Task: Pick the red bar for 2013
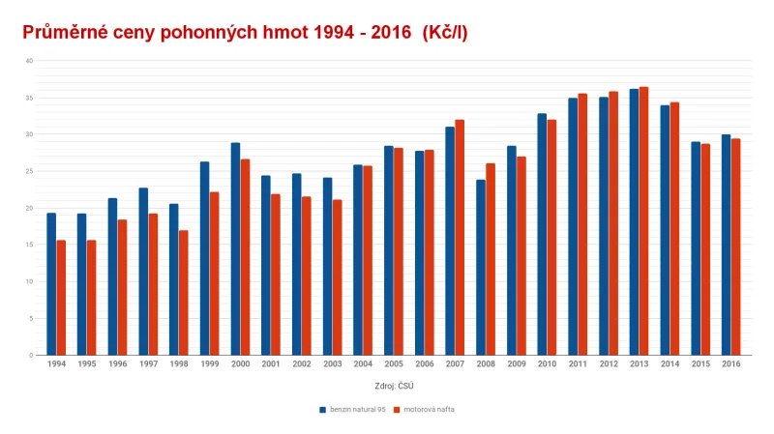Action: (x=643, y=221)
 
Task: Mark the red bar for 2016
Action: (x=735, y=247)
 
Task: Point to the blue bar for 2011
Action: (x=573, y=226)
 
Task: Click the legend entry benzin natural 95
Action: (x=352, y=409)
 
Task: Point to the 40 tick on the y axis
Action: (x=29, y=61)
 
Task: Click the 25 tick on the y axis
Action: (x=29, y=171)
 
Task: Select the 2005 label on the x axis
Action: (x=394, y=365)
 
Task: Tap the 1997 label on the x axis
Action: (x=148, y=365)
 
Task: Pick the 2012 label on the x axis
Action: (x=608, y=365)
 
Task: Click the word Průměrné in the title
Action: (x=70, y=32)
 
